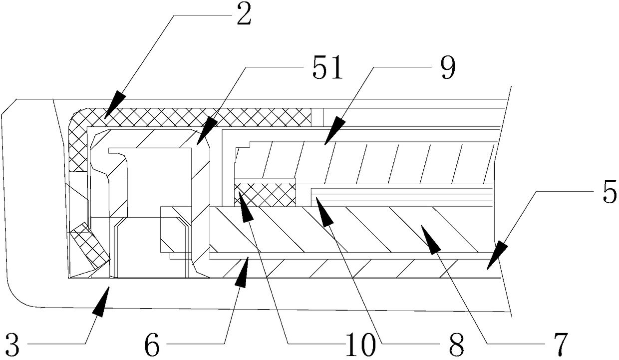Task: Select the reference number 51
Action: coord(327,69)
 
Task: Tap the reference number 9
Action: coord(448,69)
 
